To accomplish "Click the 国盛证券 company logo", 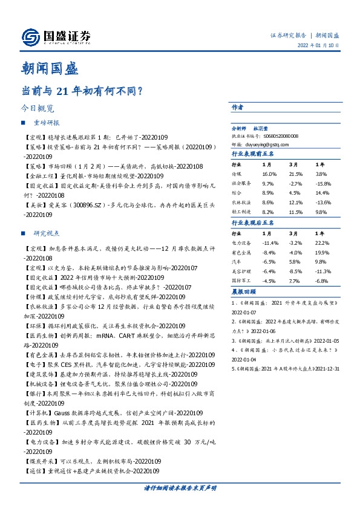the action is pyautogui.click(x=55, y=36).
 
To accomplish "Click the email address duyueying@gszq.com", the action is pyautogui.click(x=265, y=144).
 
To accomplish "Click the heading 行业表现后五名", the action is pyautogui.click(x=254, y=223).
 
